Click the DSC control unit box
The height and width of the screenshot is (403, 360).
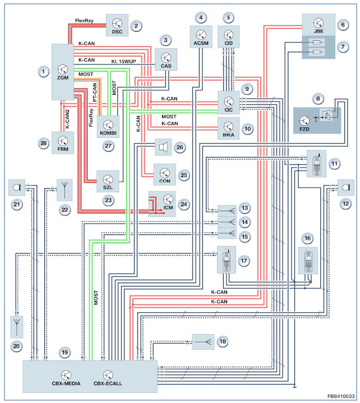(117, 25)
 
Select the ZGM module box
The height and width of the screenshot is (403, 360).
(63, 72)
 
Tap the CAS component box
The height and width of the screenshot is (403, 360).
(166, 59)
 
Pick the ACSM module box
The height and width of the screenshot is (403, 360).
(201, 36)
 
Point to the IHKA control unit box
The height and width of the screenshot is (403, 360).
(228, 128)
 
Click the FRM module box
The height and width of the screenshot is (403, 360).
(63, 143)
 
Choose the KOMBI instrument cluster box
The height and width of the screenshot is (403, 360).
(108, 127)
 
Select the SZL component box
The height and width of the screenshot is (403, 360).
(108, 181)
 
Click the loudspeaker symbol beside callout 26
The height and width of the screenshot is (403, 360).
(163, 147)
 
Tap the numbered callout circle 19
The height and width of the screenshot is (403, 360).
(64, 353)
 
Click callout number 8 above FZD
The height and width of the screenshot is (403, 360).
(318, 99)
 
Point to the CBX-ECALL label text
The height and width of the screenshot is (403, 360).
(108, 383)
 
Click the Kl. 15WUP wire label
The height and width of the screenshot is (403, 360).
(124, 62)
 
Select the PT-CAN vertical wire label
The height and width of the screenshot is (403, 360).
(95, 92)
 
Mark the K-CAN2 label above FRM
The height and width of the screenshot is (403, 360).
(67, 119)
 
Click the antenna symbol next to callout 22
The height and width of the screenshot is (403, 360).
(64, 190)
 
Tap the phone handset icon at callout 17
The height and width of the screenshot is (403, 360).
(227, 260)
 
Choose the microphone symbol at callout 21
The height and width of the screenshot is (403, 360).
(17, 188)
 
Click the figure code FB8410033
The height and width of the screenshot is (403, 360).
(341, 396)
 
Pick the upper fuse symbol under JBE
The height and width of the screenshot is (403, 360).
(317, 42)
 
